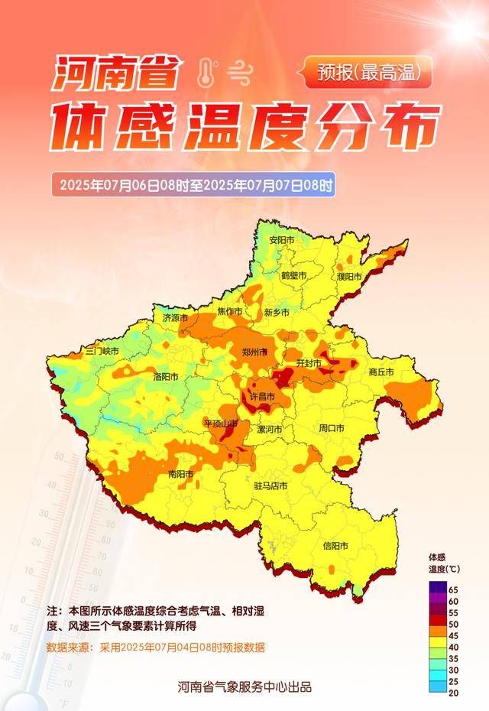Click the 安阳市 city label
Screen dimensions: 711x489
(281, 239)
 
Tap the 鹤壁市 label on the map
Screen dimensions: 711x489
(293, 275)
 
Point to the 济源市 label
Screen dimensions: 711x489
(176, 317)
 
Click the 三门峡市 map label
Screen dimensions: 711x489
(102, 351)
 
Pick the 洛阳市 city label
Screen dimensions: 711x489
(166, 377)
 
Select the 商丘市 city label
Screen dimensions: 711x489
(381, 372)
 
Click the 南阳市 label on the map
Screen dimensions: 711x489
(181, 475)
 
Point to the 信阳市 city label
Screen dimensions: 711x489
(335, 546)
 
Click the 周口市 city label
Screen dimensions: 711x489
(332, 428)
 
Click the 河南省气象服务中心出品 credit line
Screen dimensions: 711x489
(244, 687)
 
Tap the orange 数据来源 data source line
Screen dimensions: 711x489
(155, 647)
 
